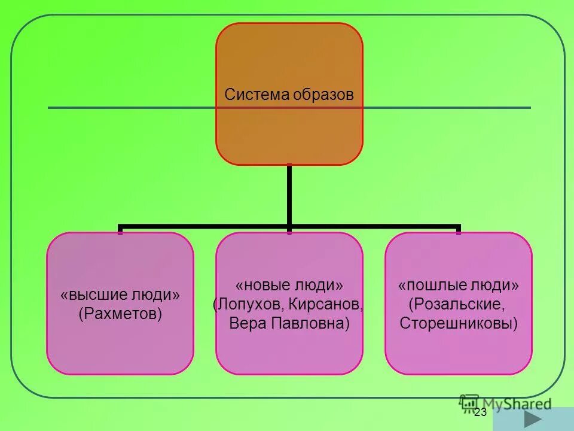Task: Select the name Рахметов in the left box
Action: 120,314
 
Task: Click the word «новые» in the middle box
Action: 262,284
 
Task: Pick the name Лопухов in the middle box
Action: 249,304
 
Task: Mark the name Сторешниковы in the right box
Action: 459,324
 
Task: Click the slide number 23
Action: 481,412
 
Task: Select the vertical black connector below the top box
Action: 289,195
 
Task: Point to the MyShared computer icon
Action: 469,402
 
